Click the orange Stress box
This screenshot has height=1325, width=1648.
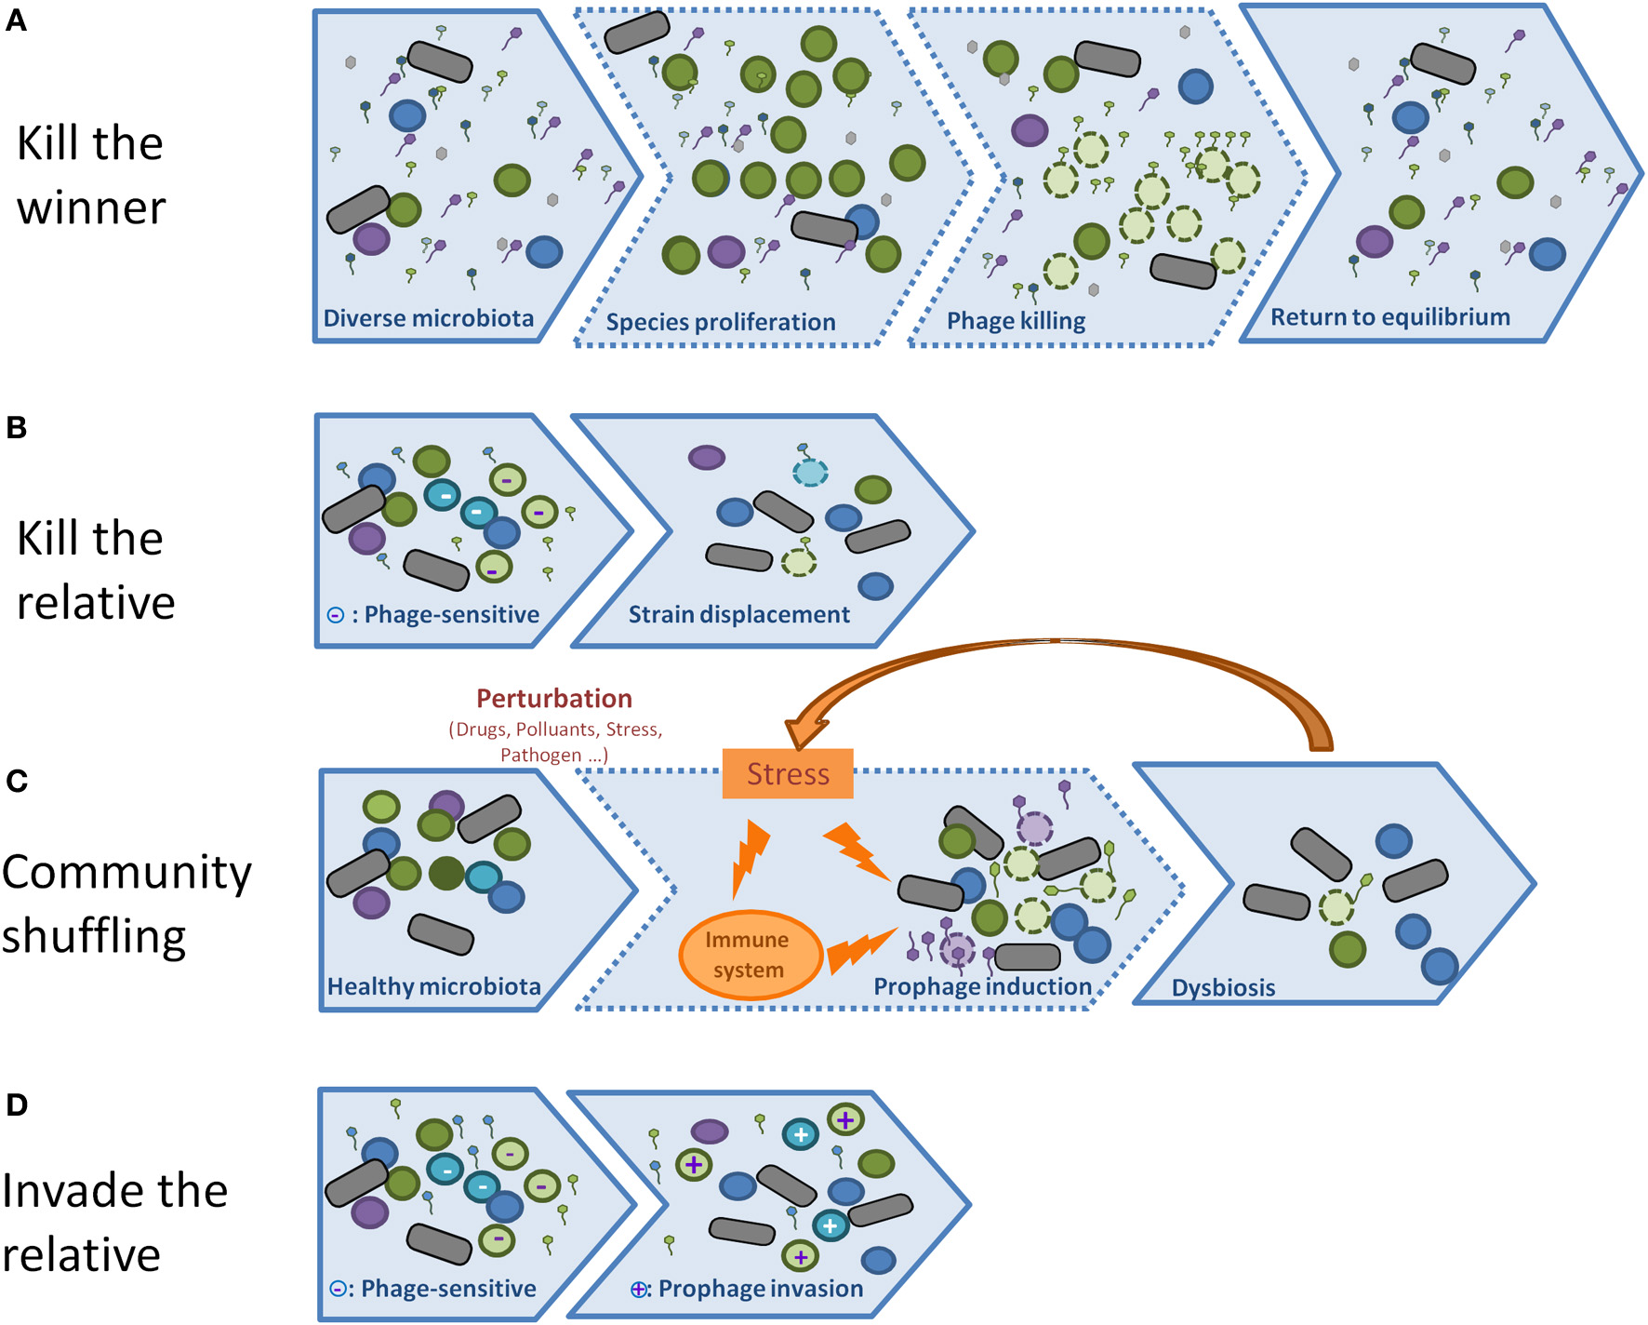coord(787,773)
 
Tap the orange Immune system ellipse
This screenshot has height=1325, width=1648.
coord(749,955)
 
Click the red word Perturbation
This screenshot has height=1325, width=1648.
coord(554,698)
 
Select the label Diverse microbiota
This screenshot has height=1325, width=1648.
coord(428,318)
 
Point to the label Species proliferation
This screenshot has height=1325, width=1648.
coord(720,322)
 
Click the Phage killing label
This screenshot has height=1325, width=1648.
coord(1016,321)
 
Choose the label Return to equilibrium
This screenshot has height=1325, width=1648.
coord(1389,317)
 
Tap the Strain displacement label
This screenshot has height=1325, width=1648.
coord(738,614)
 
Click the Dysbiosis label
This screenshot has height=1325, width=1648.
coord(1223,987)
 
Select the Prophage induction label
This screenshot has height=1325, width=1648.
coord(982,986)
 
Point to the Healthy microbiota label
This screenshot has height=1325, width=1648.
coord(433,986)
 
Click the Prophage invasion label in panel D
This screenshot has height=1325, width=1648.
coord(761,1289)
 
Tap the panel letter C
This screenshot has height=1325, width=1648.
coord(17,781)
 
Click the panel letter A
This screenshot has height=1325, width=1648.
coord(16,20)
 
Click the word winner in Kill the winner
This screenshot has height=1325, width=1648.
coord(91,207)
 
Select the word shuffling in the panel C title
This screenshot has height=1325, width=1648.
coord(93,936)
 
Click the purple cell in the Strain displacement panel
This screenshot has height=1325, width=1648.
coord(706,457)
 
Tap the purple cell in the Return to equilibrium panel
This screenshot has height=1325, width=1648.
coord(1374,242)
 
